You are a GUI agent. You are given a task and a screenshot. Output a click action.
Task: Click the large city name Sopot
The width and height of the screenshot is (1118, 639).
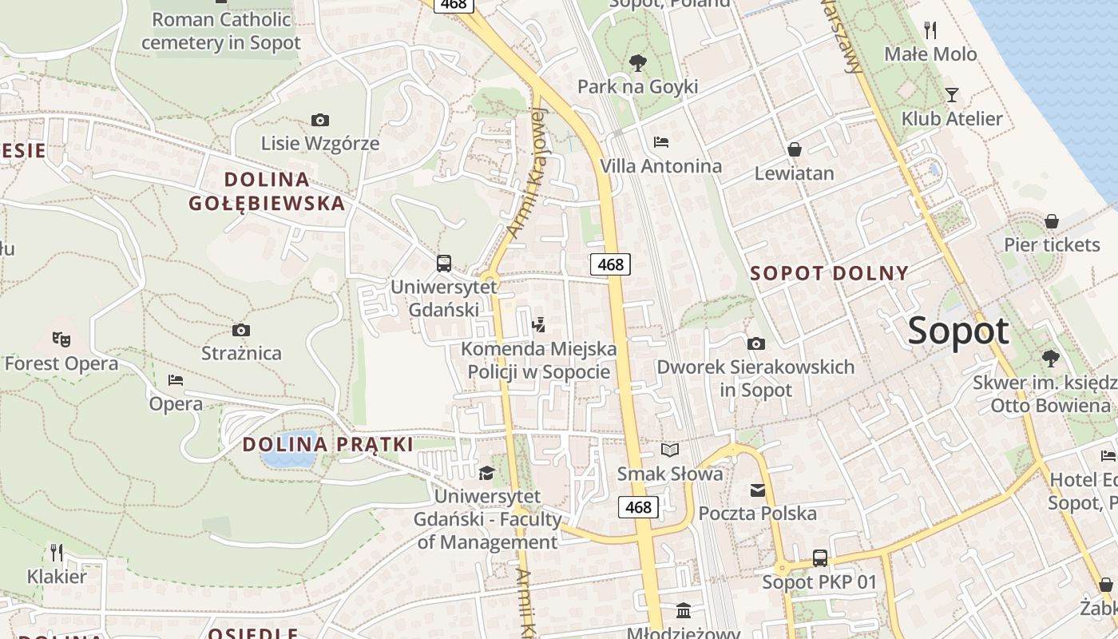tap(958, 331)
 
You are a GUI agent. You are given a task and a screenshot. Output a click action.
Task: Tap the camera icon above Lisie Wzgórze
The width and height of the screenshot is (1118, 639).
tap(319, 121)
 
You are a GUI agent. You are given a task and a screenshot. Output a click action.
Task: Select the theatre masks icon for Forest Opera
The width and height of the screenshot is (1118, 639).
tap(61, 339)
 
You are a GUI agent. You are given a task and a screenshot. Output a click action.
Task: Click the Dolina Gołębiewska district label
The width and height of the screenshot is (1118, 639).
tap(268, 191)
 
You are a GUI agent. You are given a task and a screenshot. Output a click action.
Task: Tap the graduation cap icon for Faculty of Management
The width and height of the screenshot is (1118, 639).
tap(486, 474)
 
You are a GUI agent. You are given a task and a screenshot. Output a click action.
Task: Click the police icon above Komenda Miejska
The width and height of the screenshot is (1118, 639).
tap(538, 324)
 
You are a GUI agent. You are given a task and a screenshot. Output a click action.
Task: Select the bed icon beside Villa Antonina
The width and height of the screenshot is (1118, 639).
tap(661, 142)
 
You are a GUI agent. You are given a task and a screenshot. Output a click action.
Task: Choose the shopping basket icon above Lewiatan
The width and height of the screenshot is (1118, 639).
tap(795, 149)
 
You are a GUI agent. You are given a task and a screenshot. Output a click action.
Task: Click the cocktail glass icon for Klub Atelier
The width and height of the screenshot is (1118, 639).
tap(951, 95)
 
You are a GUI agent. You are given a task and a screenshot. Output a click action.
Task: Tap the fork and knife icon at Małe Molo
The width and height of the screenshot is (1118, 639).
tap(930, 30)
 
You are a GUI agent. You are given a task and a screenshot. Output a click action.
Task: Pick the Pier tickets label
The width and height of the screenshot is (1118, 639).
tap(1052, 244)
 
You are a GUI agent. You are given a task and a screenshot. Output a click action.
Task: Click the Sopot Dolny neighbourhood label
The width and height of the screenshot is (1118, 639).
tap(829, 273)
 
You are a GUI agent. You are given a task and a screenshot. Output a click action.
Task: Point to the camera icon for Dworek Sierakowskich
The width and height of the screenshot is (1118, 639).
tap(755, 343)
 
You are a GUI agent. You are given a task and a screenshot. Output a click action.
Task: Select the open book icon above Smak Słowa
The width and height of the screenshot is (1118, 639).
tap(670, 450)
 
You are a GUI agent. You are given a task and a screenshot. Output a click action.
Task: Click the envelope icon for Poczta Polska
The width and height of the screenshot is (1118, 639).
tap(757, 490)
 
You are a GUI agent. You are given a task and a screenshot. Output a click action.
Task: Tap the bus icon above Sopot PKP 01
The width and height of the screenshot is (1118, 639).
tap(819, 558)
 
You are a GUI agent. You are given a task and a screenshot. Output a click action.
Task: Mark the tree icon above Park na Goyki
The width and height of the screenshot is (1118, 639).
tap(637, 62)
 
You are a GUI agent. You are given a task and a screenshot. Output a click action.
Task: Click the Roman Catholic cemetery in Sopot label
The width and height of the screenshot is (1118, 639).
tap(221, 30)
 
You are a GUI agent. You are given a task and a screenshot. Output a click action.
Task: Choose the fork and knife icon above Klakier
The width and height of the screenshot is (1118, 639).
tap(57, 552)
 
